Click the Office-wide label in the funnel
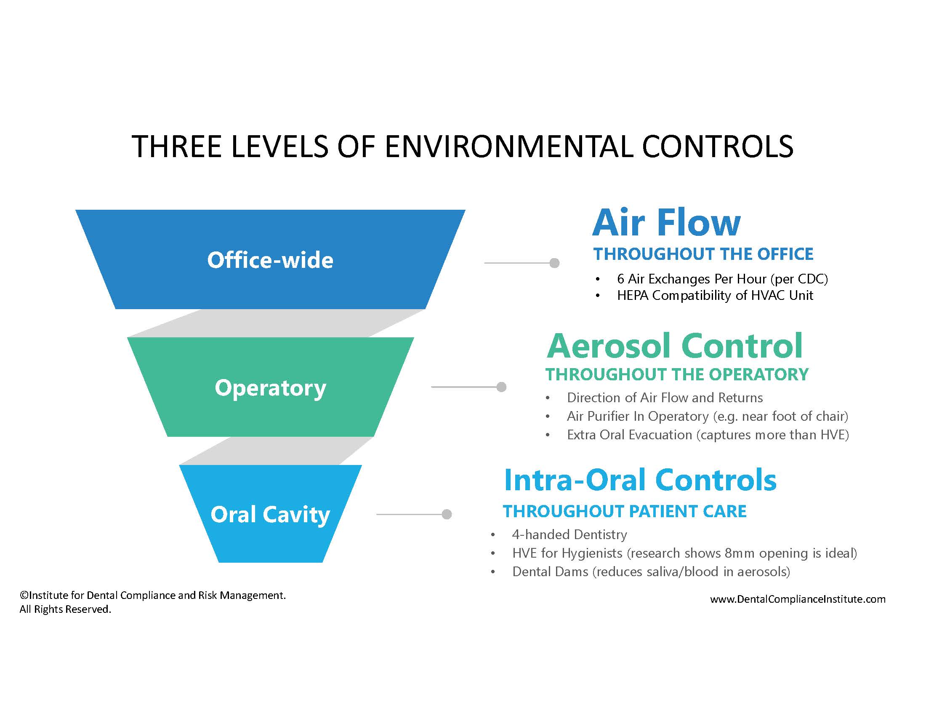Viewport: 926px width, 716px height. [270, 260]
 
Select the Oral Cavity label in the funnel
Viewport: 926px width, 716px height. [270, 516]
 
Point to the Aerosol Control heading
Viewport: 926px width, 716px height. [674, 346]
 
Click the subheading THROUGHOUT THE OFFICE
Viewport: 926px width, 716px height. [703, 254]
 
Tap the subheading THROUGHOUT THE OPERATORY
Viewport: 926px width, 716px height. [677, 374]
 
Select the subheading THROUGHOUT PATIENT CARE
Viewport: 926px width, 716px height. [625, 512]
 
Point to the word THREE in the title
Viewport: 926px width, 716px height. [177, 147]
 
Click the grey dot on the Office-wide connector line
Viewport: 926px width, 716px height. [554, 263]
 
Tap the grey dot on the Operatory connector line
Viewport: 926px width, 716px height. [501, 387]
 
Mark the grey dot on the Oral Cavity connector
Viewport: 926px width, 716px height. [447, 514]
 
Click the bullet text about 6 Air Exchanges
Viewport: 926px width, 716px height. [722, 279]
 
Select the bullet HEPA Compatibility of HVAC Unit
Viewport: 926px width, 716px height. [715, 295]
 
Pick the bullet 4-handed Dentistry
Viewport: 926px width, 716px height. [569, 534]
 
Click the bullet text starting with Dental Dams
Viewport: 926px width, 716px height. [651, 572]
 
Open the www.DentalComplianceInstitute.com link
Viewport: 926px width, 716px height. [798, 599]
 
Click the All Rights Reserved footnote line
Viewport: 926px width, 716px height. [65, 609]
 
